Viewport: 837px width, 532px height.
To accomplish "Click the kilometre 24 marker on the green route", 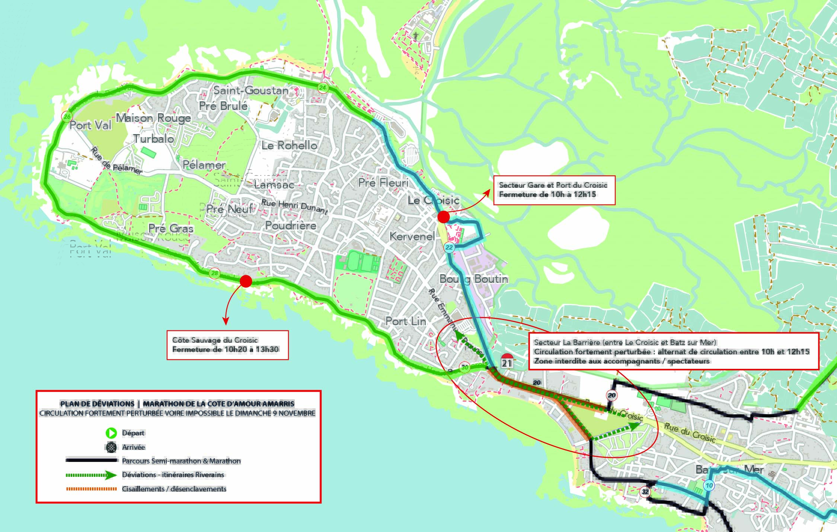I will pos(323,88).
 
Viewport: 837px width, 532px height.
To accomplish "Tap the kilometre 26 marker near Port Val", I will pos(67,117).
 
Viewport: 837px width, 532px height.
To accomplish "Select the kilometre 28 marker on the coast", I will pos(214,273).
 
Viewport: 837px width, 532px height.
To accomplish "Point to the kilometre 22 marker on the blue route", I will pos(449,247).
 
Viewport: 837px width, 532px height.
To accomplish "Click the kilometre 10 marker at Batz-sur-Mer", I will pos(709,485).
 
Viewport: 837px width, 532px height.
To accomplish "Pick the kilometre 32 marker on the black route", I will pos(645,492).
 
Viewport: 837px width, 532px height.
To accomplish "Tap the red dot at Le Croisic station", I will pos(444,217).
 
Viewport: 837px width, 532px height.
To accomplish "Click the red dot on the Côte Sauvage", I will pos(246,281).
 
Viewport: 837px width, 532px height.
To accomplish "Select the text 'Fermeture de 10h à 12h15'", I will pos(547,194).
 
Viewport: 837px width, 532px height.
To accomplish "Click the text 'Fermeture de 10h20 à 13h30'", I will pos(226,349).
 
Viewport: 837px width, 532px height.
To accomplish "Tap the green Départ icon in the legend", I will pos(111,433).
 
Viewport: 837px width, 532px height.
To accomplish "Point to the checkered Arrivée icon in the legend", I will pos(111,447).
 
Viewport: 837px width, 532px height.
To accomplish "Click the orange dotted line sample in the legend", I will pos(92,489).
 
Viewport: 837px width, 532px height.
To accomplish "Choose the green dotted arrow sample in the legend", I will pos(92,475).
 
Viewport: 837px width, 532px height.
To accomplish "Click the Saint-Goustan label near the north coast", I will pos(251,90).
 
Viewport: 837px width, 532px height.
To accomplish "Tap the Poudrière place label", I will pos(291,225).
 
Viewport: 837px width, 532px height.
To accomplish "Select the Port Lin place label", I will pos(406,321).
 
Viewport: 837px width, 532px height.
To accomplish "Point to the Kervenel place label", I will pos(412,236).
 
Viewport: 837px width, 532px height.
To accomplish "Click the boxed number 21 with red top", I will pos(507,361).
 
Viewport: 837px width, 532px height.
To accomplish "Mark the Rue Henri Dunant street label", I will pos(294,207).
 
